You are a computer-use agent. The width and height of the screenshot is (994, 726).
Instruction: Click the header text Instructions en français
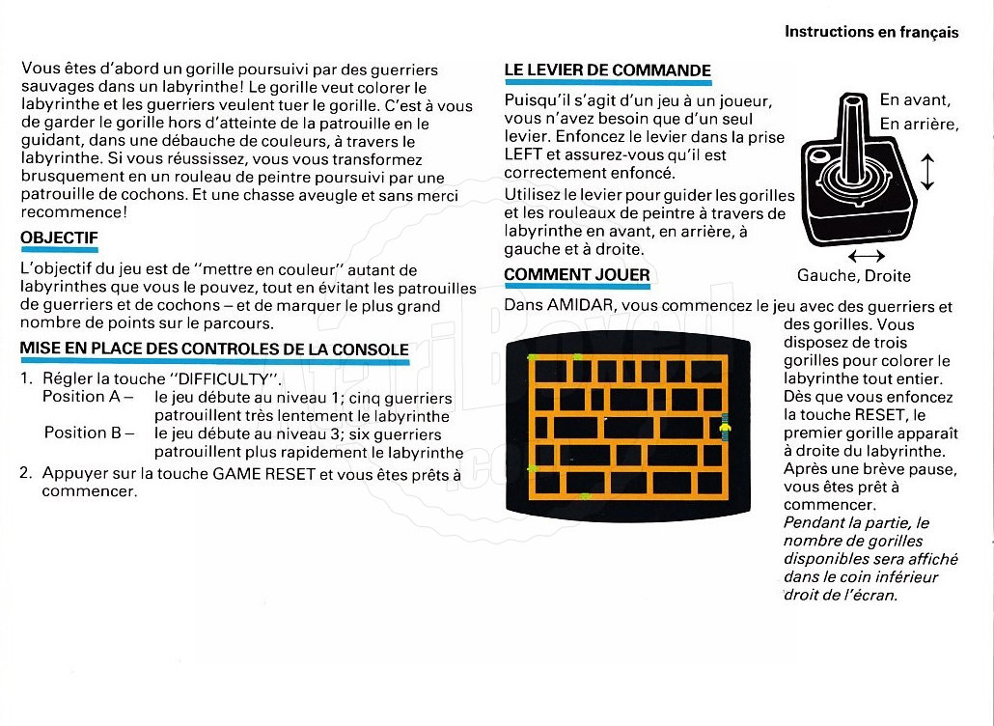click(x=871, y=32)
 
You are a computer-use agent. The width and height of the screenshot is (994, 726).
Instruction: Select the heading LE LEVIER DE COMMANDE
click(x=607, y=70)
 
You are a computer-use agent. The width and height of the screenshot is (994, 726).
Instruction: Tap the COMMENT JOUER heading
click(x=576, y=275)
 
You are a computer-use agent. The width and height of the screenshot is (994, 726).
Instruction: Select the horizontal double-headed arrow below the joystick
click(x=868, y=256)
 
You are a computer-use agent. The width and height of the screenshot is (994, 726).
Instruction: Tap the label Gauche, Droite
click(x=854, y=276)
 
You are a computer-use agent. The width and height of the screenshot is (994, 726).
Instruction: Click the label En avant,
click(x=915, y=100)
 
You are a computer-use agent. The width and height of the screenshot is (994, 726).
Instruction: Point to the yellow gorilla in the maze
click(x=725, y=426)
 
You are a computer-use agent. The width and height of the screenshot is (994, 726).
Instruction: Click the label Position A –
click(x=88, y=397)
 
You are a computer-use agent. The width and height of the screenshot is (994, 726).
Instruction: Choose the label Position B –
click(x=88, y=433)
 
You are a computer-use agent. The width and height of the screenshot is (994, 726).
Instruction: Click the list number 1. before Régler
click(x=27, y=377)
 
